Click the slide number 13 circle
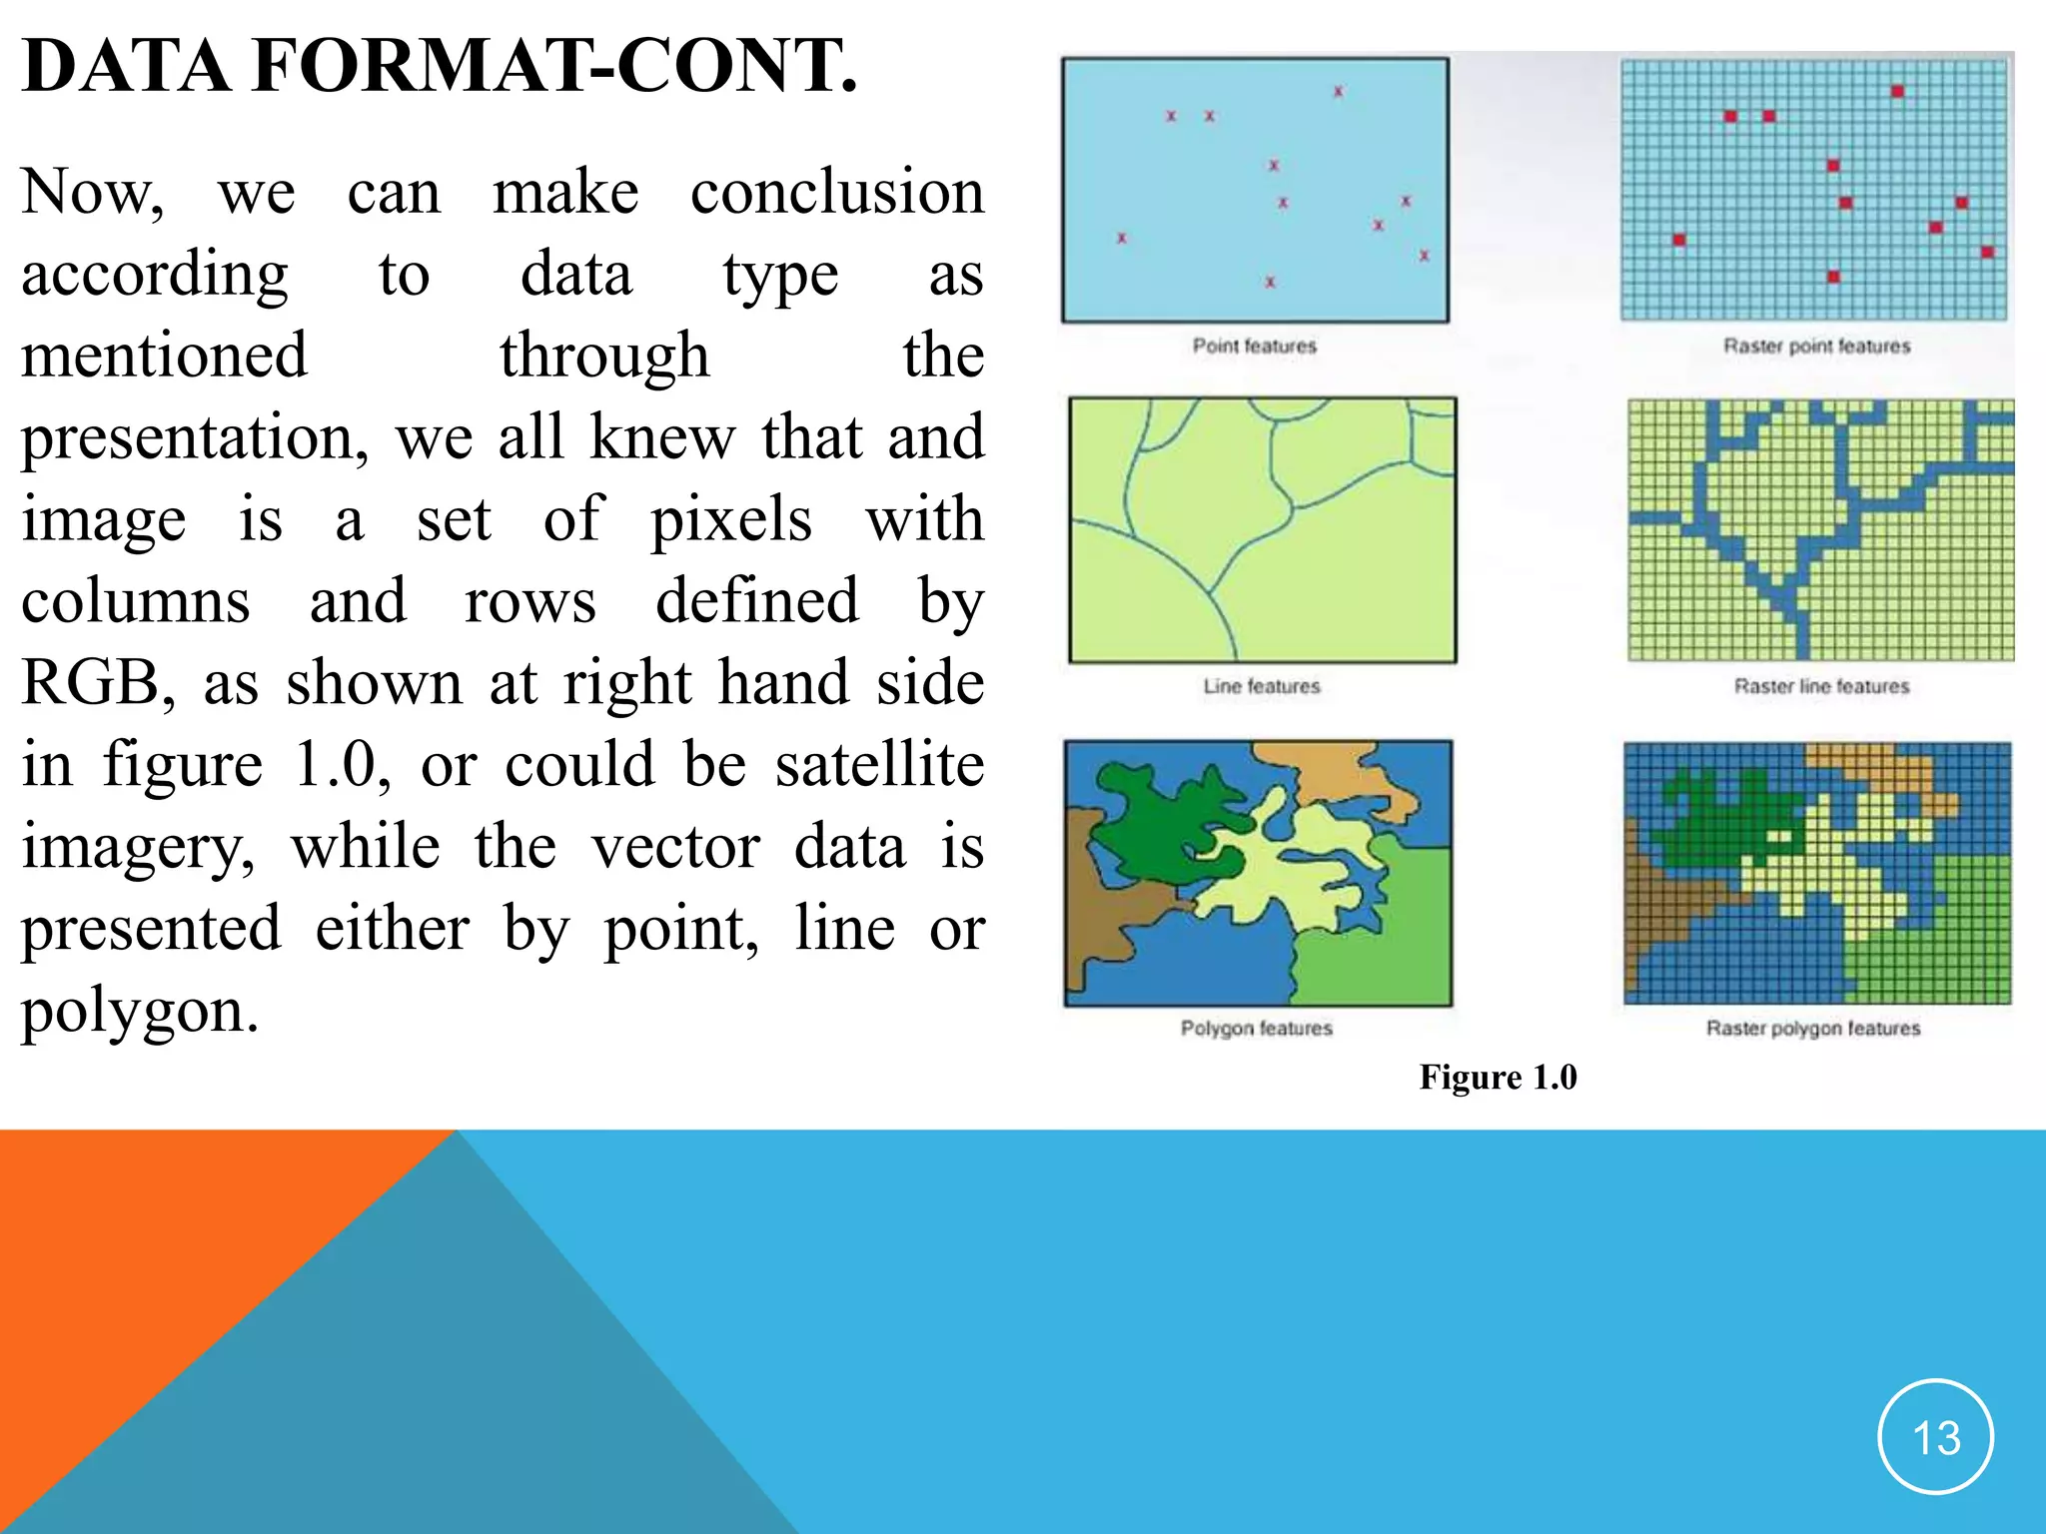(x=1935, y=1437)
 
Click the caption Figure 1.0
(x=1498, y=1078)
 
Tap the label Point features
(x=1254, y=346)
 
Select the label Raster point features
(x=1816, y=346)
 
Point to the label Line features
(x=1261, y=686)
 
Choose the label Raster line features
(x=1821, y=686)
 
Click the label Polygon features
(x=1256, y=1028)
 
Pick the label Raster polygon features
(x=1812, y=1028)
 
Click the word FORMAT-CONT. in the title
(x=555, y=66)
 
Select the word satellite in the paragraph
(x=879, y=765)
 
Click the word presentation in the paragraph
(x=194, y=437)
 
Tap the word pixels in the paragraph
(x=731, y=519)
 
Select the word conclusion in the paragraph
(x=837, y=192)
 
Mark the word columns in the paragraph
(x=136, y=601)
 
